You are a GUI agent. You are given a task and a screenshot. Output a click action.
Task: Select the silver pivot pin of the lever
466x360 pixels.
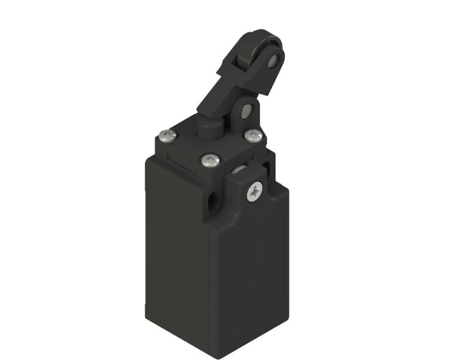246,112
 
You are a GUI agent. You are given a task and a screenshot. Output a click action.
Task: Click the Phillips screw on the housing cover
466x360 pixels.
253,191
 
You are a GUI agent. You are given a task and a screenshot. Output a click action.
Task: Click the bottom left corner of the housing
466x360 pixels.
148,312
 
